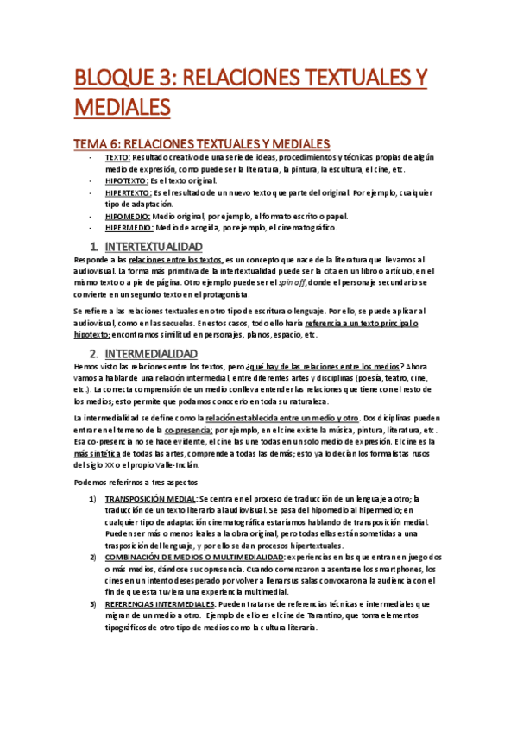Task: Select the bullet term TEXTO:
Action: [x=117, y=159]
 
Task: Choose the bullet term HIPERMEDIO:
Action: [x=129, y=228]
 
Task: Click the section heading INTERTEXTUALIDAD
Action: [x=160, y=247]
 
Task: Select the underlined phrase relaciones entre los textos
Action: [x=175, y=260]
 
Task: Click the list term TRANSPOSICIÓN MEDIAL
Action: [x=151, y=499]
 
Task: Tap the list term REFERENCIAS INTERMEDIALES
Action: [x=161, y=604]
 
